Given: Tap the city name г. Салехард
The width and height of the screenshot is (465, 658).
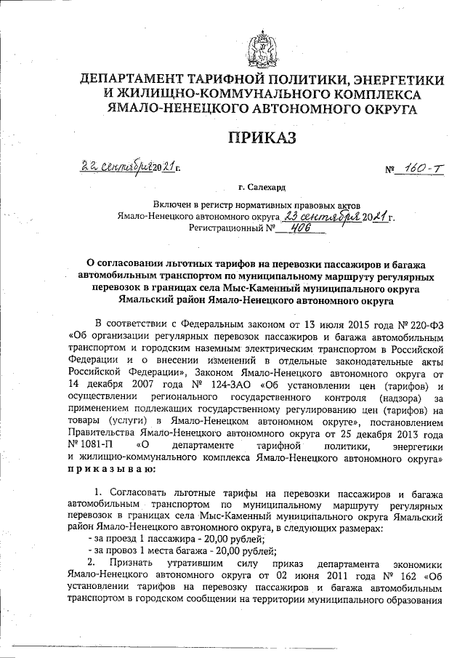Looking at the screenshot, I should pyautogui.click(x=260, y=188).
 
